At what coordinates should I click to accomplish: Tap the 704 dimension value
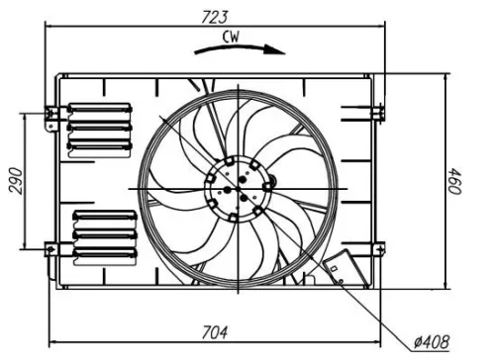[x=216, y=329]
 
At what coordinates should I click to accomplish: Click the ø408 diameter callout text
[x=435, y=342]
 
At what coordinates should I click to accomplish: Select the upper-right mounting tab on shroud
[x=377, y=112]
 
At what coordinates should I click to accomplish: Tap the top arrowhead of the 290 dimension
[x=26, y=118]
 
